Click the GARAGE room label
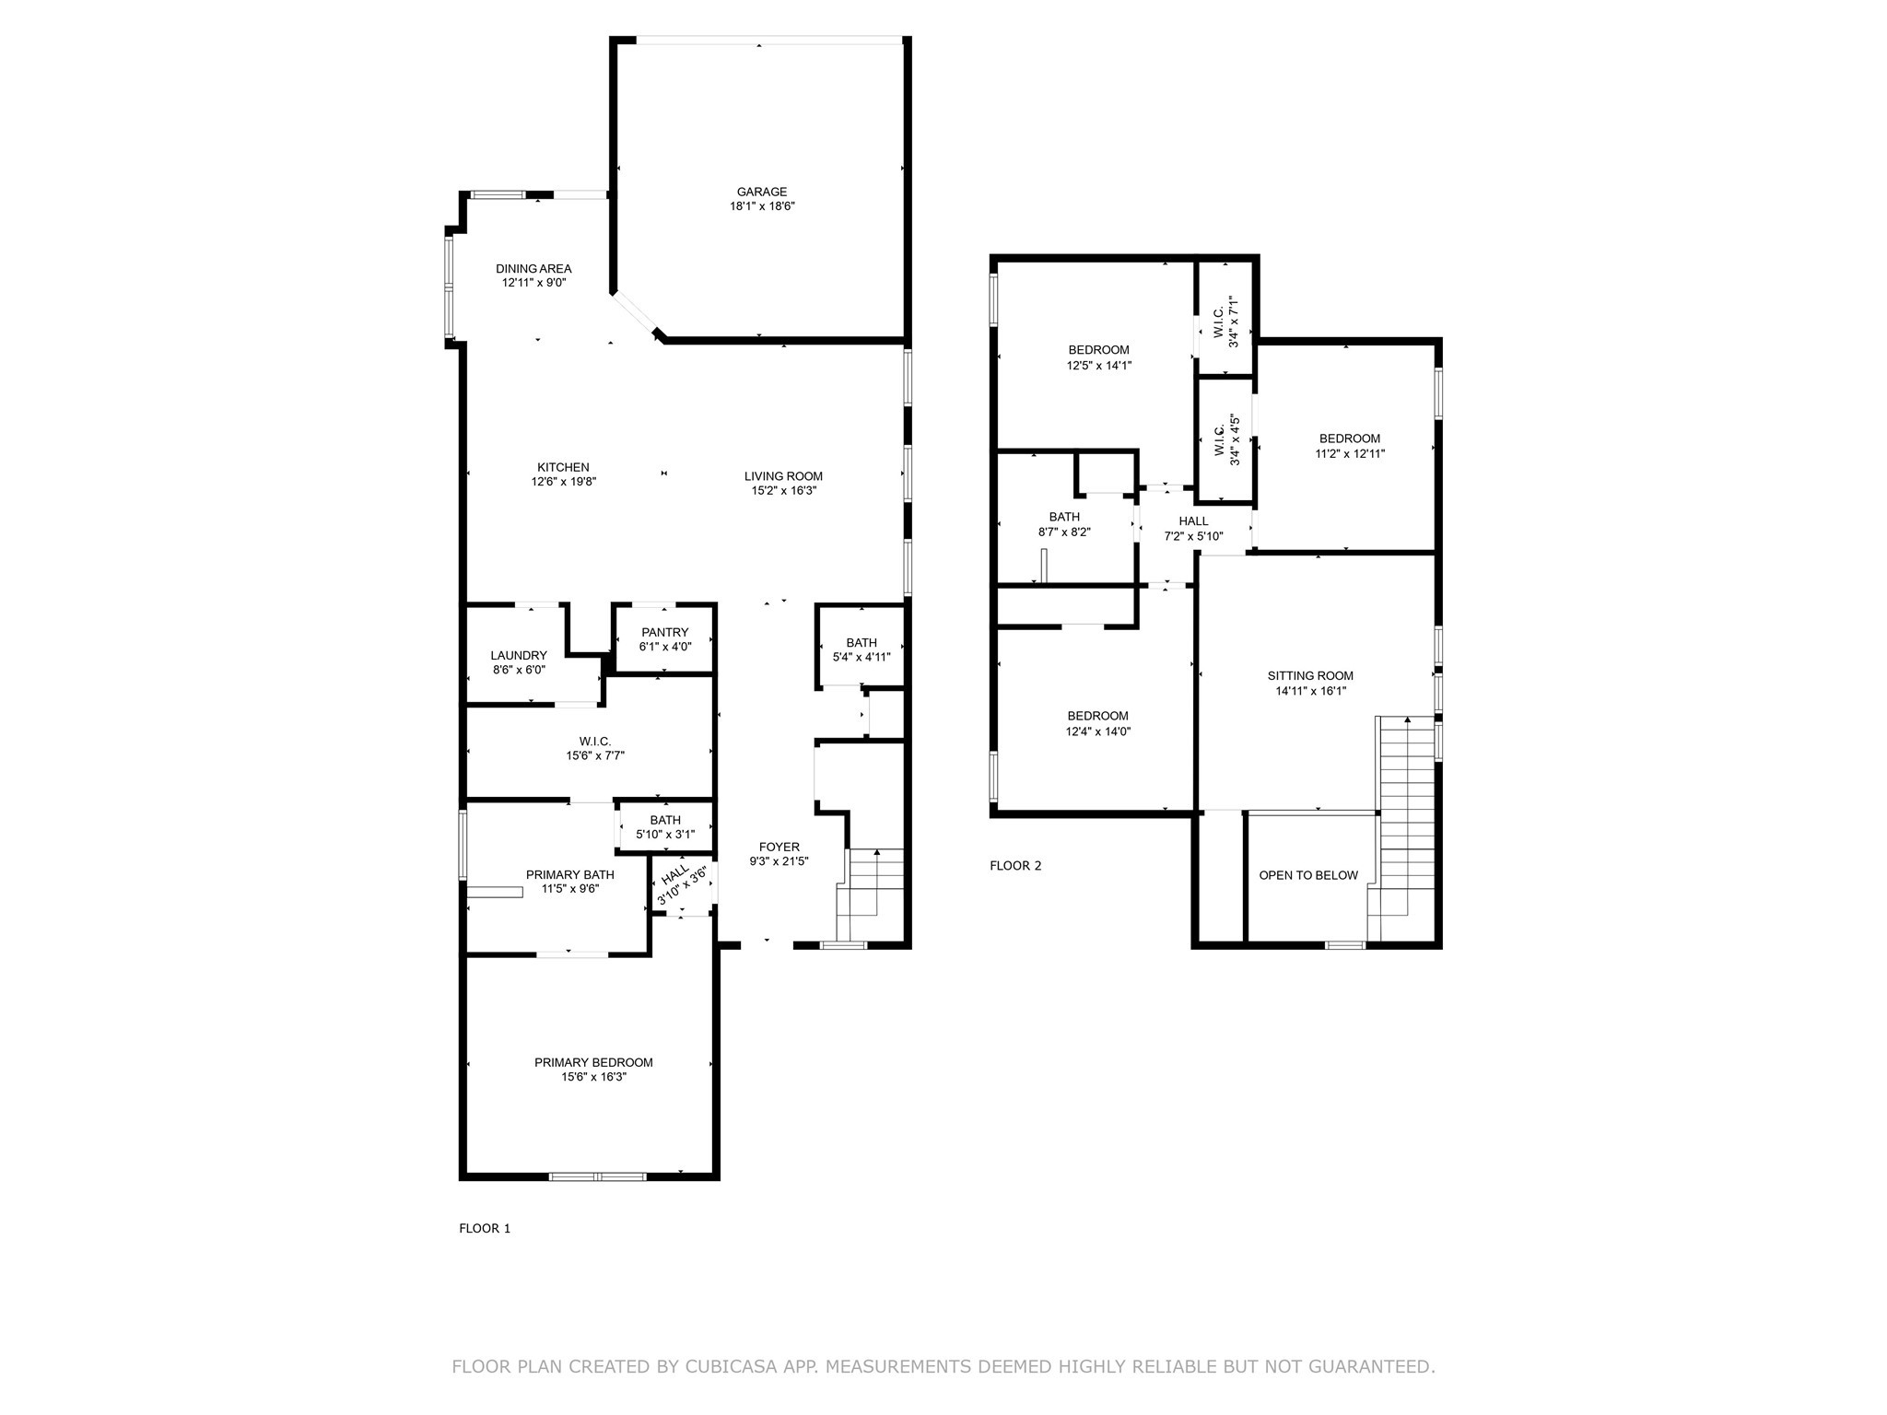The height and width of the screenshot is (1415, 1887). pos(761,193)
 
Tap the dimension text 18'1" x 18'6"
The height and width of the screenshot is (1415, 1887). pos(761,207)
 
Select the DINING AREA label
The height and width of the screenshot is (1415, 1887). pos(533,269)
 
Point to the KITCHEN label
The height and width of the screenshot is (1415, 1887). pos(563,468)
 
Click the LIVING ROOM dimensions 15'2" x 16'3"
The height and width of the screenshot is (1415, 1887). pos(783,491)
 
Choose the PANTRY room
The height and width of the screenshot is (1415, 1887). pos(664,639)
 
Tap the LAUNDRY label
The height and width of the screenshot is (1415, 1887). pos(519,656)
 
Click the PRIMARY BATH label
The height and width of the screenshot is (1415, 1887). pos(569,875)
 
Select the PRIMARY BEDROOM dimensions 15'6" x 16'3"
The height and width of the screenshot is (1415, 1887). pos(593,1077)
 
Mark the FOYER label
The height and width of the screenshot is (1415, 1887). pos(779,848)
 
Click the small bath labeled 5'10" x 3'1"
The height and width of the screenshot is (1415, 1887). pos(664,827)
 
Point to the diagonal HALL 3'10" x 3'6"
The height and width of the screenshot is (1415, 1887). pos(681,883)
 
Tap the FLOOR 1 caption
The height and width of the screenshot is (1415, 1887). pos(485,1228)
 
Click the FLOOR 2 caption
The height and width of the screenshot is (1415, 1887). pos(1015,866)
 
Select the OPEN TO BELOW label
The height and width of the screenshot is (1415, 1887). pos(1307,875)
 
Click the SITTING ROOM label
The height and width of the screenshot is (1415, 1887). pos(1309,676)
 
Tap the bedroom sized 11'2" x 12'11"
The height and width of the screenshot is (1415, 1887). pos(1349,446)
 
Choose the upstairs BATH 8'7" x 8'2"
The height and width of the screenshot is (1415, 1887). pos(1063,524)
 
